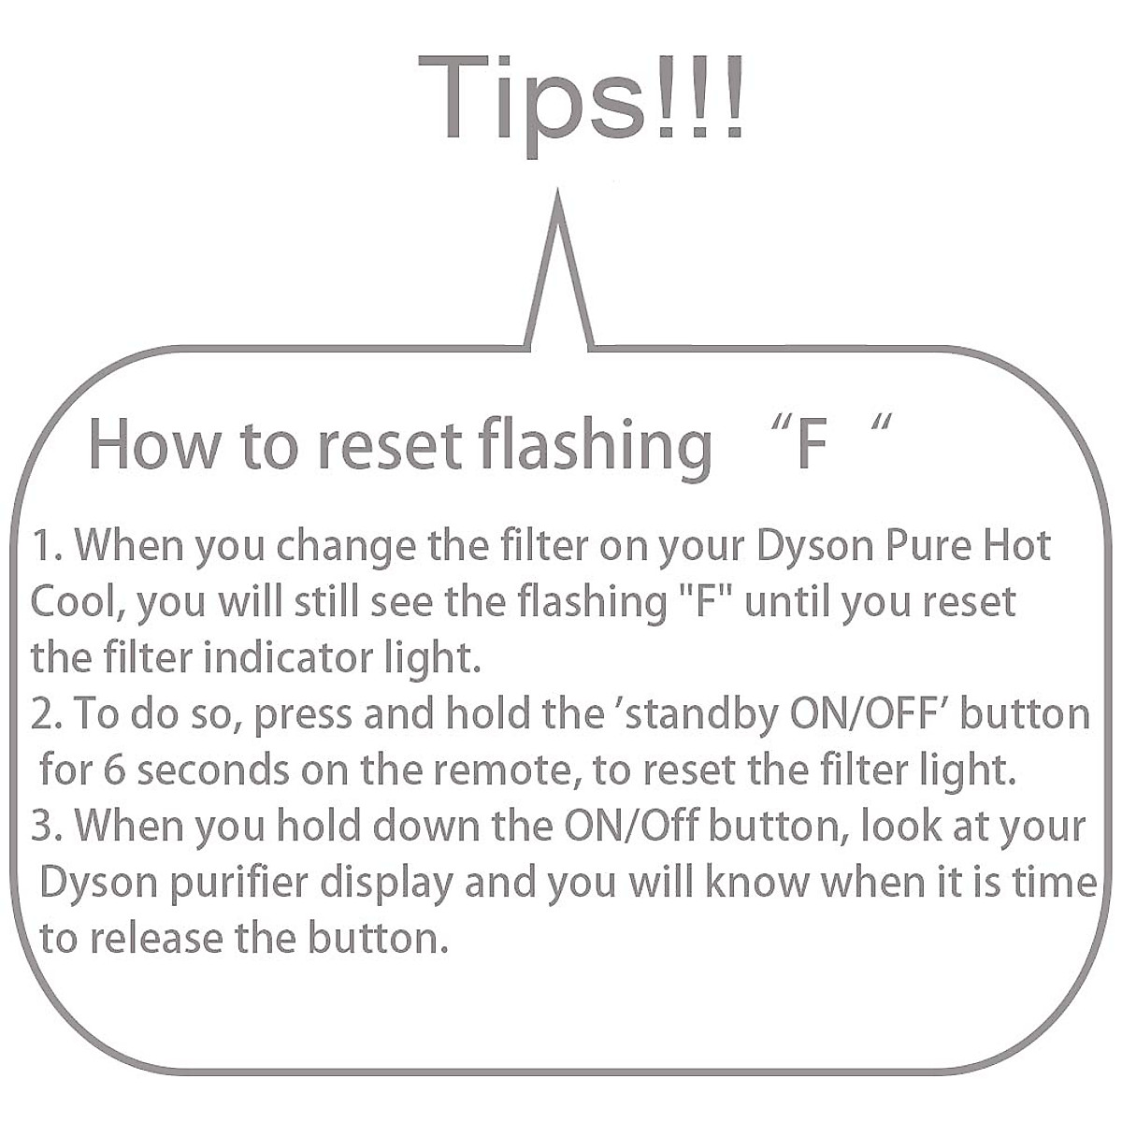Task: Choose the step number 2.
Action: click(x=44, y=714)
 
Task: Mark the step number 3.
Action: click(x=44, y=827)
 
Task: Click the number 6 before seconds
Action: click(x=114, y=770)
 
